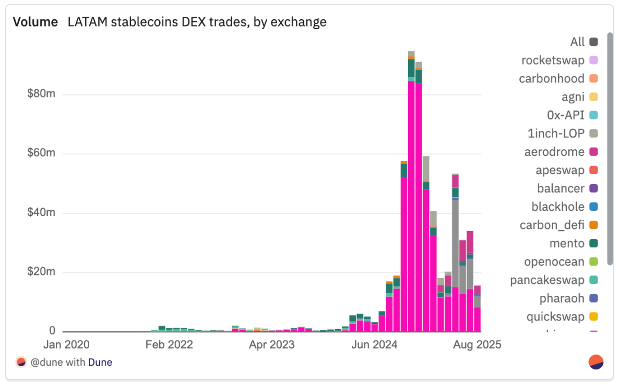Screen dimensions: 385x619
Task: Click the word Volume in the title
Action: (35, 22)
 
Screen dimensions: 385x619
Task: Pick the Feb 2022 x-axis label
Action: (169, 345)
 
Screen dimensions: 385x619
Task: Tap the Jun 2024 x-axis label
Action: (375, 345)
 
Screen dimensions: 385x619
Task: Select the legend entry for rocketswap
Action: (553, 61)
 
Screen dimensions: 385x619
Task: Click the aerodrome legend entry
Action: (554, 152)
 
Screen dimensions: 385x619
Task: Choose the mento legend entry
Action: (567, 243)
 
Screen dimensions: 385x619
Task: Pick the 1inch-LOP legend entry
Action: (556, 134)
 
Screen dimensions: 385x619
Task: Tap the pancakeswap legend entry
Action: (547, 280)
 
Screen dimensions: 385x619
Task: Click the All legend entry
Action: (577, 42)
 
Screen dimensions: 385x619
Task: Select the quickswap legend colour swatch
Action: (593, 317)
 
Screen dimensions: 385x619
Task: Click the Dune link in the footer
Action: (100, 362)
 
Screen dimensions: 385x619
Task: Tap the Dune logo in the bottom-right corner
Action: (596, 362)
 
